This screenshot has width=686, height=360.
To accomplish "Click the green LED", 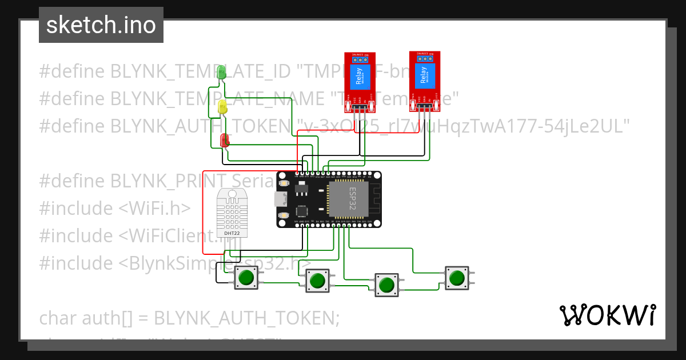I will tap(222, 72).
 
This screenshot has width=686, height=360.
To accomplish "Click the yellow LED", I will tap(222, 106).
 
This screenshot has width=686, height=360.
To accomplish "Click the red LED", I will tap(225, 140).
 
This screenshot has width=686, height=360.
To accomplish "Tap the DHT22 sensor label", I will tap(232, 233).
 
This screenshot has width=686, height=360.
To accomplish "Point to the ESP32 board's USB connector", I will tap(280, 199).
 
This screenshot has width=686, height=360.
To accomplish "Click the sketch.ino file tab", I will tap(101, 25).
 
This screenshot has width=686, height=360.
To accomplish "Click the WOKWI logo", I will tap(607, 315).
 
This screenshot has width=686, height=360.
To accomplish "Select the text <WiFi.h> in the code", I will tap(154, 208).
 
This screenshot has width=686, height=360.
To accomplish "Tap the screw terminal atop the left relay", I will tap(360, 58).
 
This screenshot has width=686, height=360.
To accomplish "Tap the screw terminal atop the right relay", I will tap(425, 57).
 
